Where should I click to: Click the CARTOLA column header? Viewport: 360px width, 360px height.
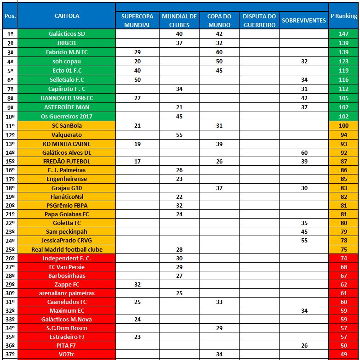67,16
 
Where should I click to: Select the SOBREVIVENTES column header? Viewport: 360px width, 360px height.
303,21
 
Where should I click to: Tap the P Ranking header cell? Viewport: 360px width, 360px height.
343,16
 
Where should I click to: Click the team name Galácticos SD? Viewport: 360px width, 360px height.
67,34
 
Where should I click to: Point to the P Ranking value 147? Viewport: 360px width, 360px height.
343,34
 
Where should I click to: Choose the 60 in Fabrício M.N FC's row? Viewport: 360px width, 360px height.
219,52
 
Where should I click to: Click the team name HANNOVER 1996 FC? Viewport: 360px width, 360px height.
67,98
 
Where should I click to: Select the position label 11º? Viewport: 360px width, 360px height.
10,126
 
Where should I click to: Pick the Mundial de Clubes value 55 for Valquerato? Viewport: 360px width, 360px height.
179,135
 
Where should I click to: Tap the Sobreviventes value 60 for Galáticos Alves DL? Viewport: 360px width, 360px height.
304,152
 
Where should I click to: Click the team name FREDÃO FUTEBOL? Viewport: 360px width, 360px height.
67,162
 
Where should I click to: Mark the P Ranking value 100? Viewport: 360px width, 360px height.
343,126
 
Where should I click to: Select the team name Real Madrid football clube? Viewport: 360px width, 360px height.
67,249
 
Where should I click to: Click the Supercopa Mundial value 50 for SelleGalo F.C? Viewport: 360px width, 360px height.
137,80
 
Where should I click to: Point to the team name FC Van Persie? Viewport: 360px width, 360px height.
67,267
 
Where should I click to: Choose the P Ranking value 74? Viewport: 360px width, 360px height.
343,258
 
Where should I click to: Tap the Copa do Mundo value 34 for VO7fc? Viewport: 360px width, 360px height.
219,354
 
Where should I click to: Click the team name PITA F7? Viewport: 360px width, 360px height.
67,345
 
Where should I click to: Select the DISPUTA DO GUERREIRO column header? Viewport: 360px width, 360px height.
259,21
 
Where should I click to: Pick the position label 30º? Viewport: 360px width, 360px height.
10,293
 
